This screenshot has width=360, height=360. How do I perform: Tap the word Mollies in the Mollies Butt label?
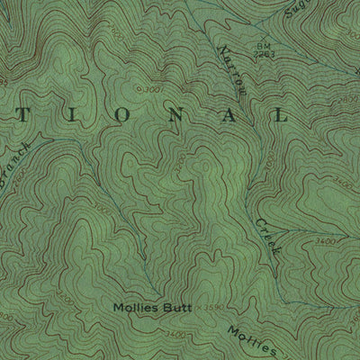[136, 307]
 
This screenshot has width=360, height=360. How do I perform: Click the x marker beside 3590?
[197, 307]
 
